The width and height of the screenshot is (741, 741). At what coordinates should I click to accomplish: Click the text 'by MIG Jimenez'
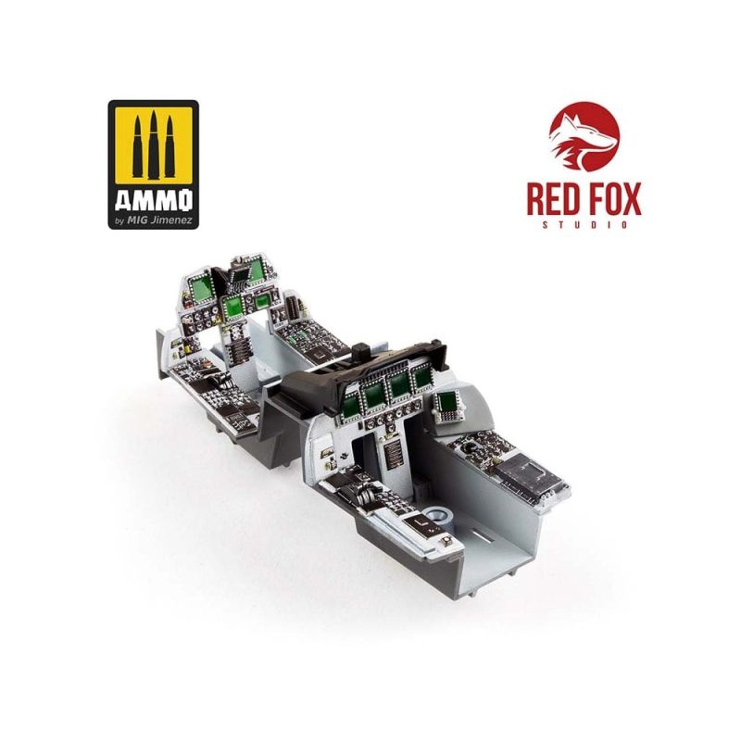tap(153, 220)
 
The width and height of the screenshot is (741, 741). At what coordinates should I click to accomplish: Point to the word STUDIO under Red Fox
tap(584, 225)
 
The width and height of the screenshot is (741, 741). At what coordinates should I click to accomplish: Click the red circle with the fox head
tap(584, 136)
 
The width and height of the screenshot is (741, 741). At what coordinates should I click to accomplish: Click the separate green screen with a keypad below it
tap(446, 402)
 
